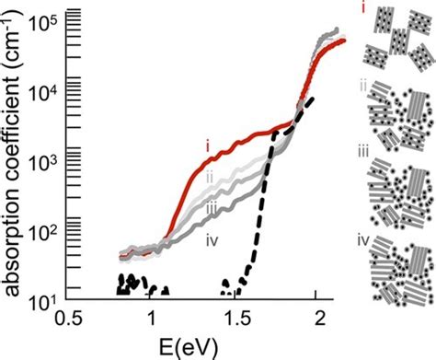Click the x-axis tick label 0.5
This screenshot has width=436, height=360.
point(65,316)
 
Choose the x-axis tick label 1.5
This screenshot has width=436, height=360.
point(233,316)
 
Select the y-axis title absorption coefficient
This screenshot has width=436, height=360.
point(16,161)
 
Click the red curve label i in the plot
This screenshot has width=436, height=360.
point(208,145)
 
